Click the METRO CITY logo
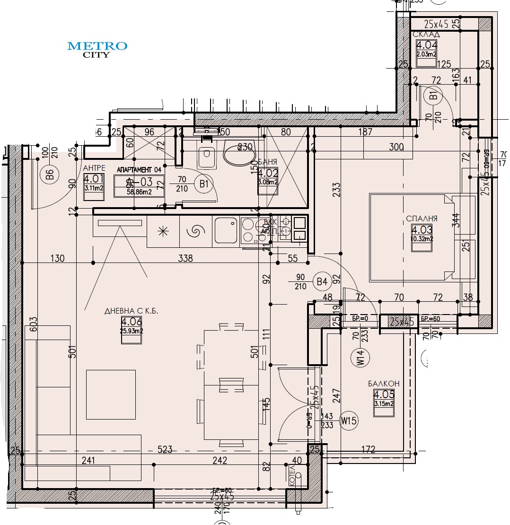(97, 49)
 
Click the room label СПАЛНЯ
(422, 219)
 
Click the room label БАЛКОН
(384, 384)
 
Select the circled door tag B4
(322, 282)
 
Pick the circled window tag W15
(348, 420)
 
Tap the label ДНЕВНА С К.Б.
(131, 311)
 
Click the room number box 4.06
(132, 326)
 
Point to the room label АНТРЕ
(94, 168)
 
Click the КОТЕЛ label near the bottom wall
(292, 474)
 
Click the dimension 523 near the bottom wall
(165, 450)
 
